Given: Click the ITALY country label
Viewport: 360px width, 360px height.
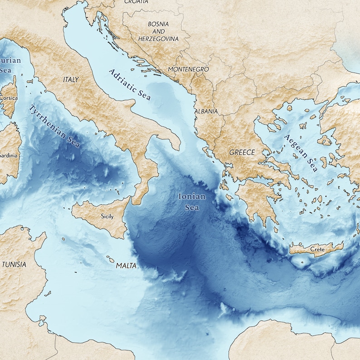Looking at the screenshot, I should pyautogui.click(x=71, y=79).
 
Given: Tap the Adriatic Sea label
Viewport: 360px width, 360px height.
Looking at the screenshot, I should pyautogui.click(x=130, y=84).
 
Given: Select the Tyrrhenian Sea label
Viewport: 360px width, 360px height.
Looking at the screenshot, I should pyautogui.click(x=54, y=126).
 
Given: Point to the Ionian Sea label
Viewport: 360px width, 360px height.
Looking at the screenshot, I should pyautogui.click(x=192, y=202).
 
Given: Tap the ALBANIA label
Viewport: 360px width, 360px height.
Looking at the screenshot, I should pyautogui.click(x=206, y=111).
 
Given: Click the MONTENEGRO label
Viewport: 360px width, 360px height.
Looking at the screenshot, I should pyautogui.click(x=188, y=69).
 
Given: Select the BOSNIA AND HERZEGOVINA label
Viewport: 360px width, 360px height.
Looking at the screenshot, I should pyautogui.click(x=158, y=31).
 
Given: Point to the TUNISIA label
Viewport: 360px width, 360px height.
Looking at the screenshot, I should pyautogui.click(x=14, y=264).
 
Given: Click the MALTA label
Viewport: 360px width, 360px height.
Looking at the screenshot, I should pyautogui.click(x=126, y=266).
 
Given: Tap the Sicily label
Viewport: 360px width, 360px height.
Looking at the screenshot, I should pyautogui.click(x=107, y=217).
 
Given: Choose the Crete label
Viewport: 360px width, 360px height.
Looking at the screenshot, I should pyautogui.click(x=318, y=249).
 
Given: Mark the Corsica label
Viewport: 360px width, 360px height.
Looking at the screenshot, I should pyautogui.click(x=9, y=97).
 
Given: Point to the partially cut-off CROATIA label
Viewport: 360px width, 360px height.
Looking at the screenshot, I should pyautogui.click(x=136, y=2).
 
